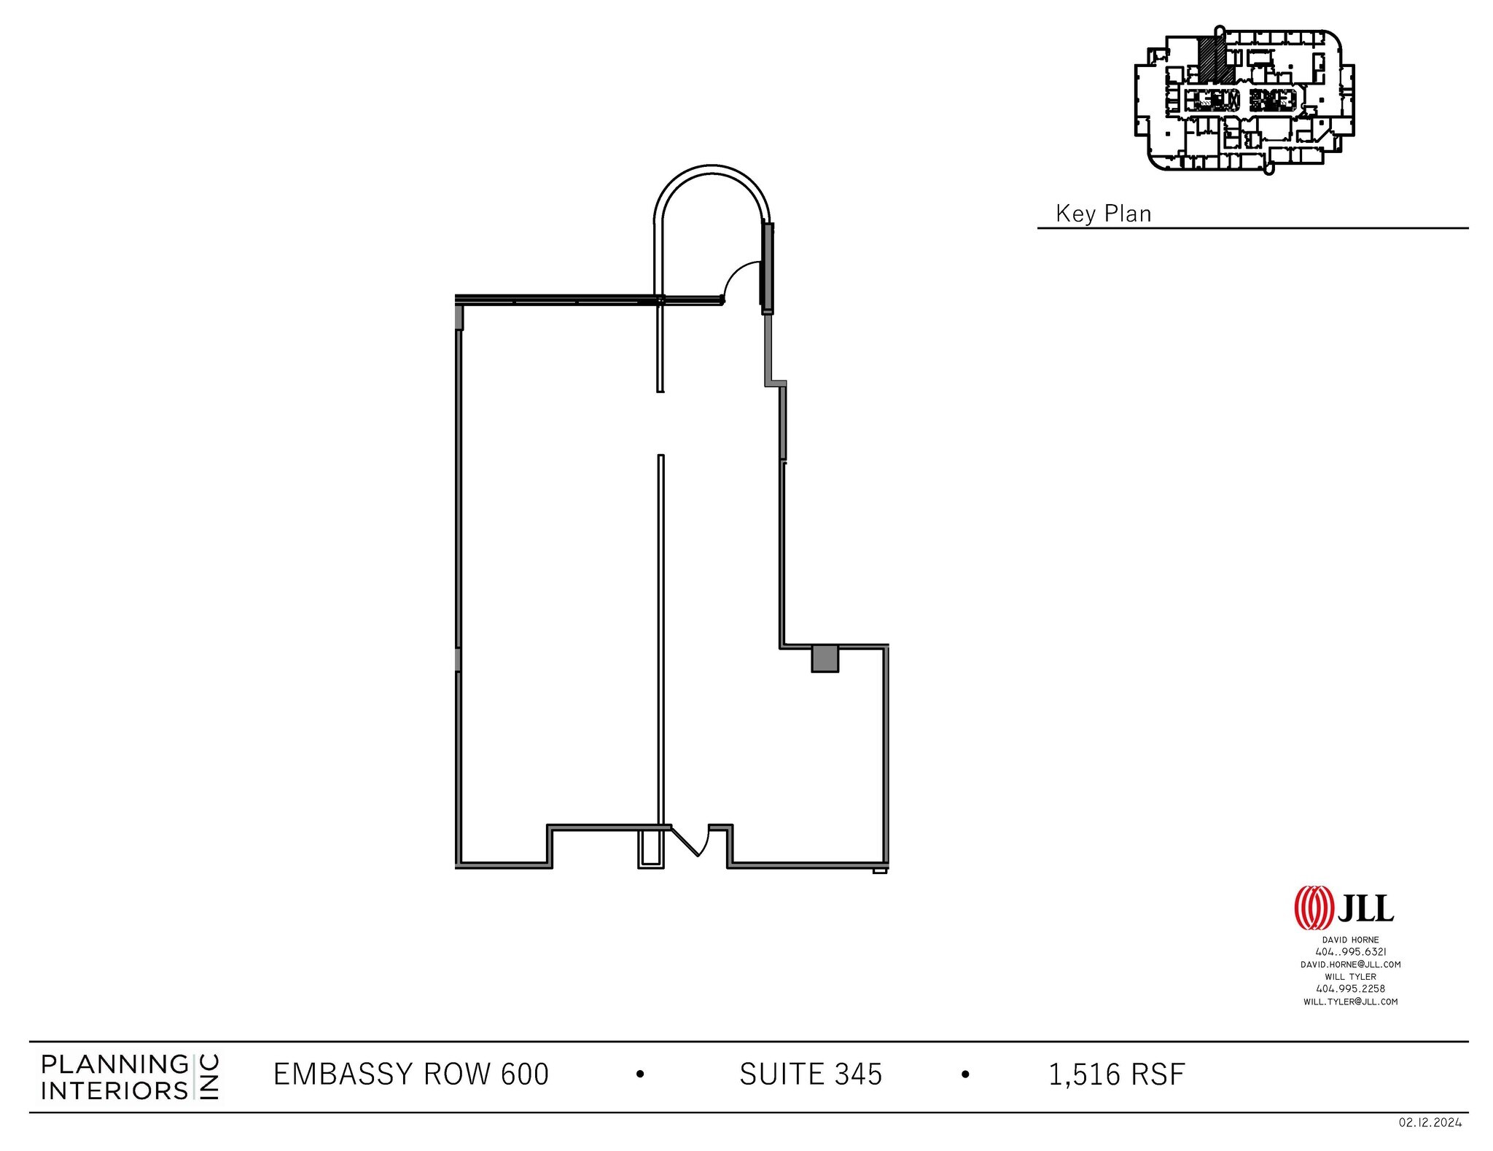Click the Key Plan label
(1103, 214)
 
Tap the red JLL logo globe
(1314, 908)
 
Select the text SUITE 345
(811, 1074)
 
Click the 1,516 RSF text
(1116, 1074)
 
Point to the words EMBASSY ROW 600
(410, 1074)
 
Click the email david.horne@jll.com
(1350, 964)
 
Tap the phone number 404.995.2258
(1350, 988)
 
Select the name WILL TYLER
(1350, 976)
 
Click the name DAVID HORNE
(1350, 940)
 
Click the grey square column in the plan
(825, 658)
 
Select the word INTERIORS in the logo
(114, 1090)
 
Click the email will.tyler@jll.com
(1350, 1001)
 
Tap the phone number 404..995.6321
(1350, 951)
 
